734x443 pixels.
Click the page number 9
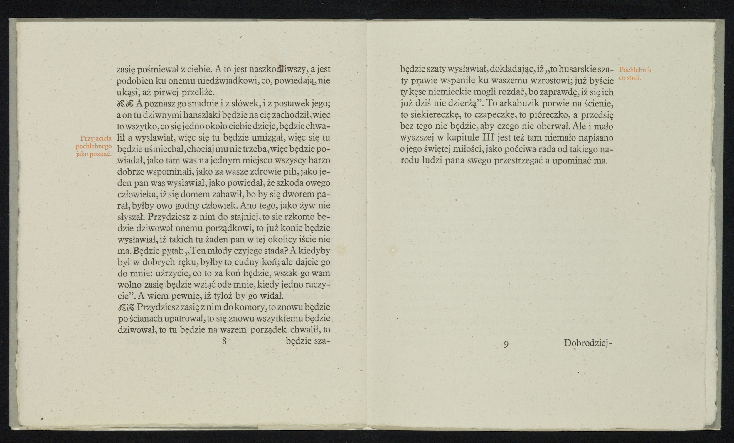[506, 344]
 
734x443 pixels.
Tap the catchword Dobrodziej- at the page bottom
[587, 343]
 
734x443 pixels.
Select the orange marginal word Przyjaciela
[96, 138]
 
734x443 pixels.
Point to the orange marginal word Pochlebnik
[635, 70]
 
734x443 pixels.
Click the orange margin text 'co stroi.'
[630, 78]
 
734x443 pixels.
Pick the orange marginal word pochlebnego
[94, 146]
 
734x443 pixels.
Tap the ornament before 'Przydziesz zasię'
[126, 307]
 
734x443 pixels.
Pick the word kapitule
[463, 138]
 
